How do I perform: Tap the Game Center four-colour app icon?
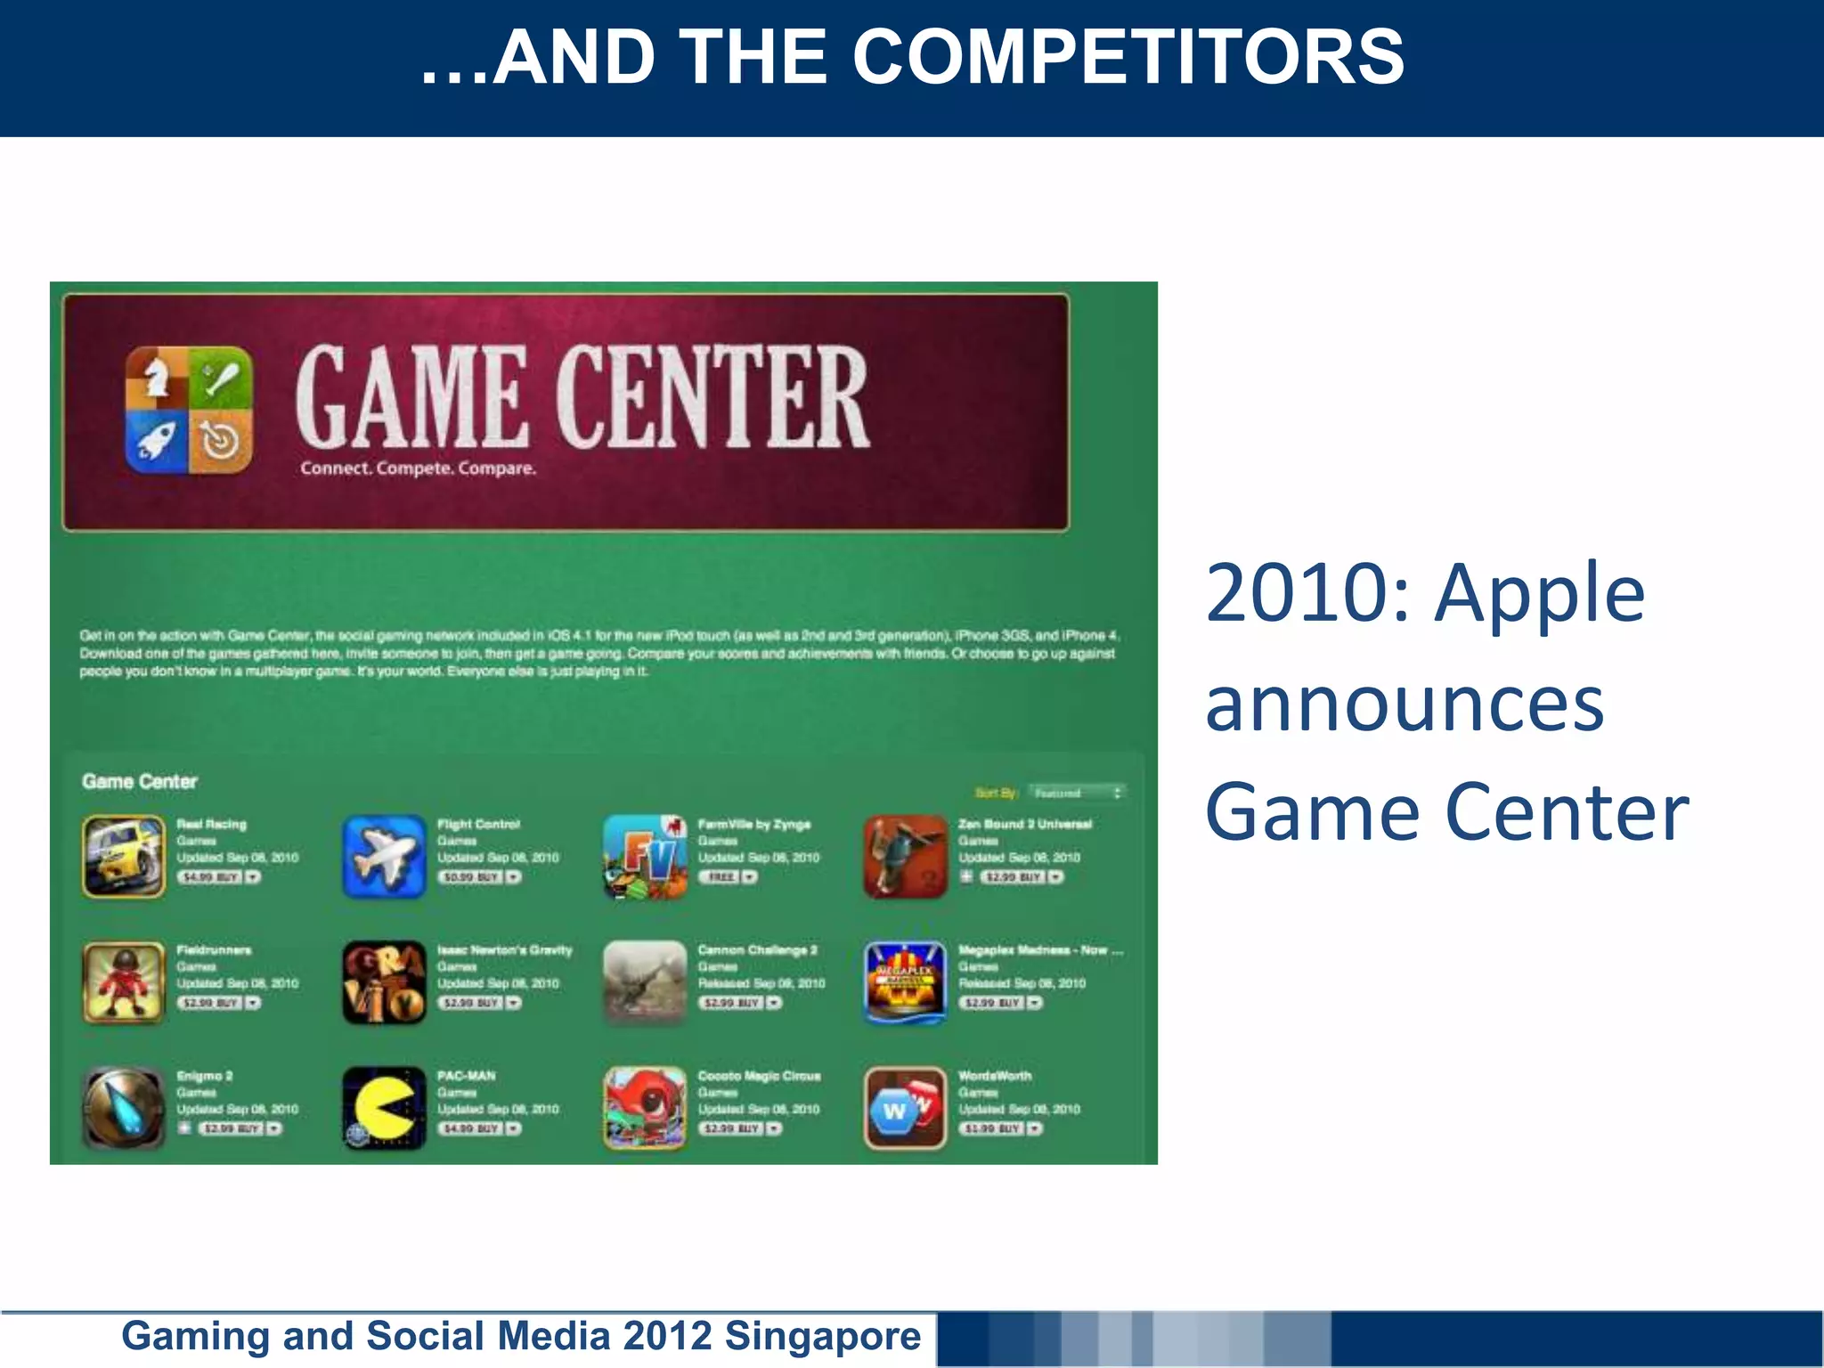pyautogui.click(x=189, y=411)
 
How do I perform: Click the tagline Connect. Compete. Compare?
pyautogui.click(x=418, y=468)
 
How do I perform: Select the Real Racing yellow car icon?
pyautogui.click(x=124, y=857)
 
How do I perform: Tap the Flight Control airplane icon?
pyautogui.click(x=384, y=857)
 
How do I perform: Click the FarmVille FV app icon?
pyautogui.click(x=645, y=857)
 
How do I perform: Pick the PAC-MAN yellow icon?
pyautogui.click(x=384, y=1109)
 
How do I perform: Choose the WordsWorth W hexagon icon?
pyautogui.click(x=905, y=1109)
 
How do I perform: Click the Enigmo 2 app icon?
pyautogui.click(x=124, y=1109)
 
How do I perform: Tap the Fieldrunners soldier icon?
pyautogui.click(x=124, y=982)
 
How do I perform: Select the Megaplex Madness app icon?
pyautogui.click(x=905, y=982)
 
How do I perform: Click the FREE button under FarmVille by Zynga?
pyautogui.click(x=721, y=877)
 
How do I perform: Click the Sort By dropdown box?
pyautogui.click(x=1077, y=793)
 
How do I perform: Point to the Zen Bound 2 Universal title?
pyautogui.click(x=1024, y=824)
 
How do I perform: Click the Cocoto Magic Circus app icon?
pyautogui.click(x=645, y=1109)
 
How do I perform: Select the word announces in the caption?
pyautogui.click(x=1405, y=704)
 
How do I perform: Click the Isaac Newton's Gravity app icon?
pyautogui.click(x=384, y=982)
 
